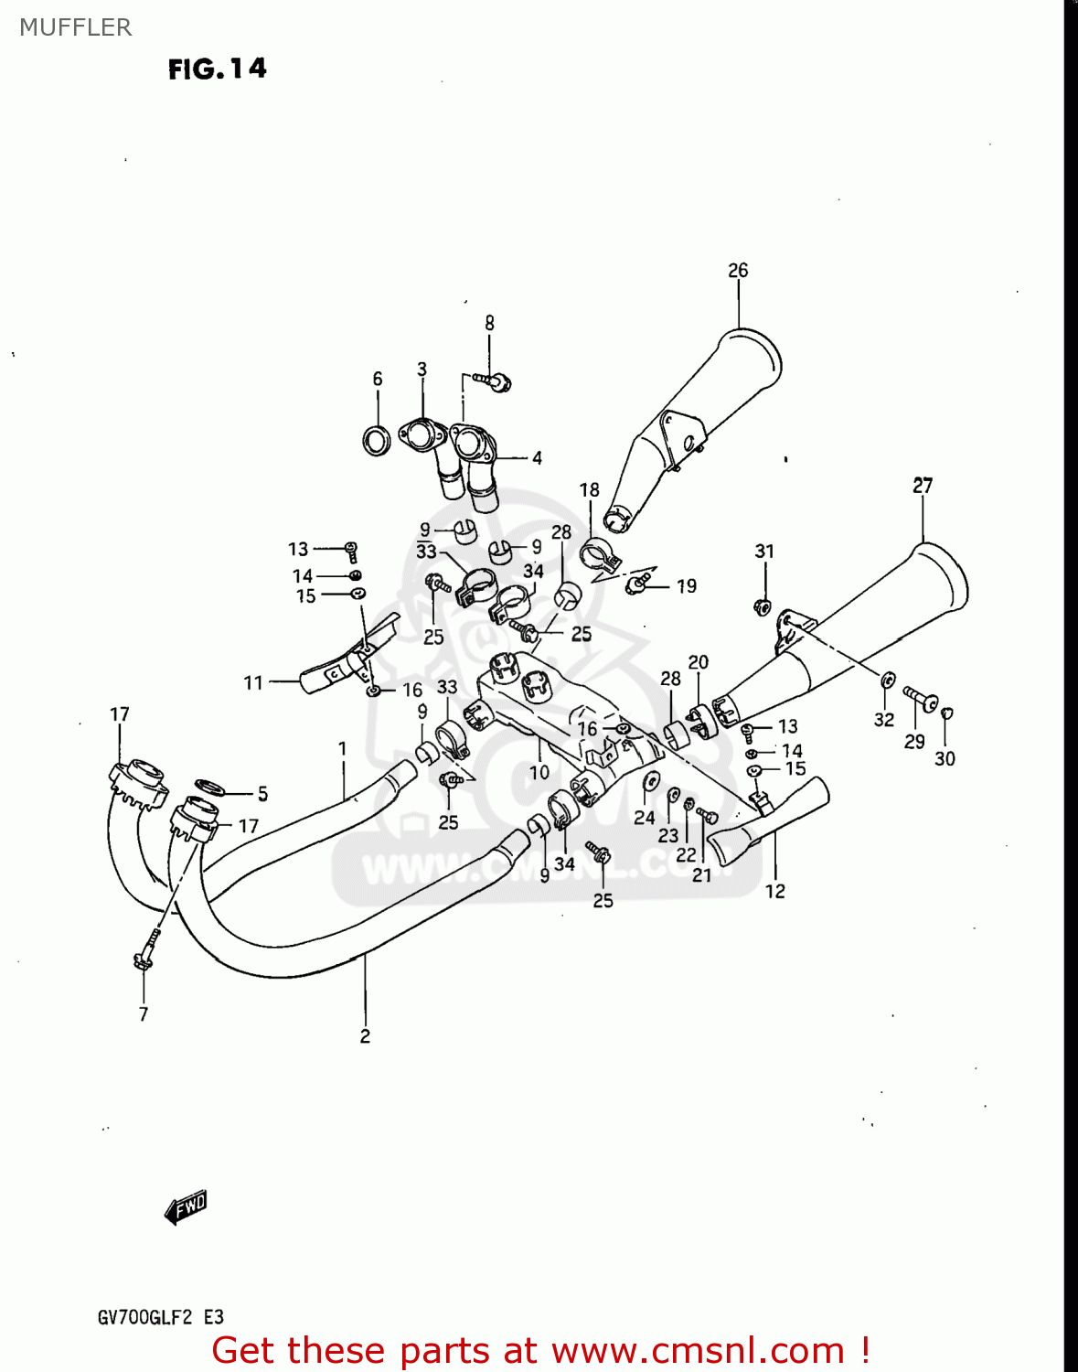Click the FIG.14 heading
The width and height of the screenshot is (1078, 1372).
pyautogui.click(x=217, y=70)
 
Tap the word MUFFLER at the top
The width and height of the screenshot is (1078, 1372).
pyautogui.click(x=75, y=27)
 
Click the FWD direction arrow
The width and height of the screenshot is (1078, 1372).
pyautogui.click(x=186, y=1207)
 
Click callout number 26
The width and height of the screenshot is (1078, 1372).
pyautogui.click(x=738, y=271)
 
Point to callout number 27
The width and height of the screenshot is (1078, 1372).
pyautogui.click(x=923, y=486)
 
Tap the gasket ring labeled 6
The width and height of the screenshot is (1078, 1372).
pyautogui.click(x=376, y=441)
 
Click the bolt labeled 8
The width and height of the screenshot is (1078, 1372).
pyautogui.click(x=494, y=381)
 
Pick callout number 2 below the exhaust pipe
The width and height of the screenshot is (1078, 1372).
pyautogui.click(x=365, y=1035)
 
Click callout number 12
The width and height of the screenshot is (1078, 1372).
pyautogui.click(x=774, y=892)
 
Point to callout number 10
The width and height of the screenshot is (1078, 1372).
pyautogui.click(x=539, y=772)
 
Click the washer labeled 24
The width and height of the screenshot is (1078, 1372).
pyautogui.click(x=650, y=782)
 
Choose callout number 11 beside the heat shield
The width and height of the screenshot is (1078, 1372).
pyautogui.click(x=253, y=682)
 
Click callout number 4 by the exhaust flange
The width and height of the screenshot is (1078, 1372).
pyautogui.click(x=537, y=458)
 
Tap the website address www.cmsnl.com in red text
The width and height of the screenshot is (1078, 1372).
pyautogui.click(x=698, y=1351)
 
